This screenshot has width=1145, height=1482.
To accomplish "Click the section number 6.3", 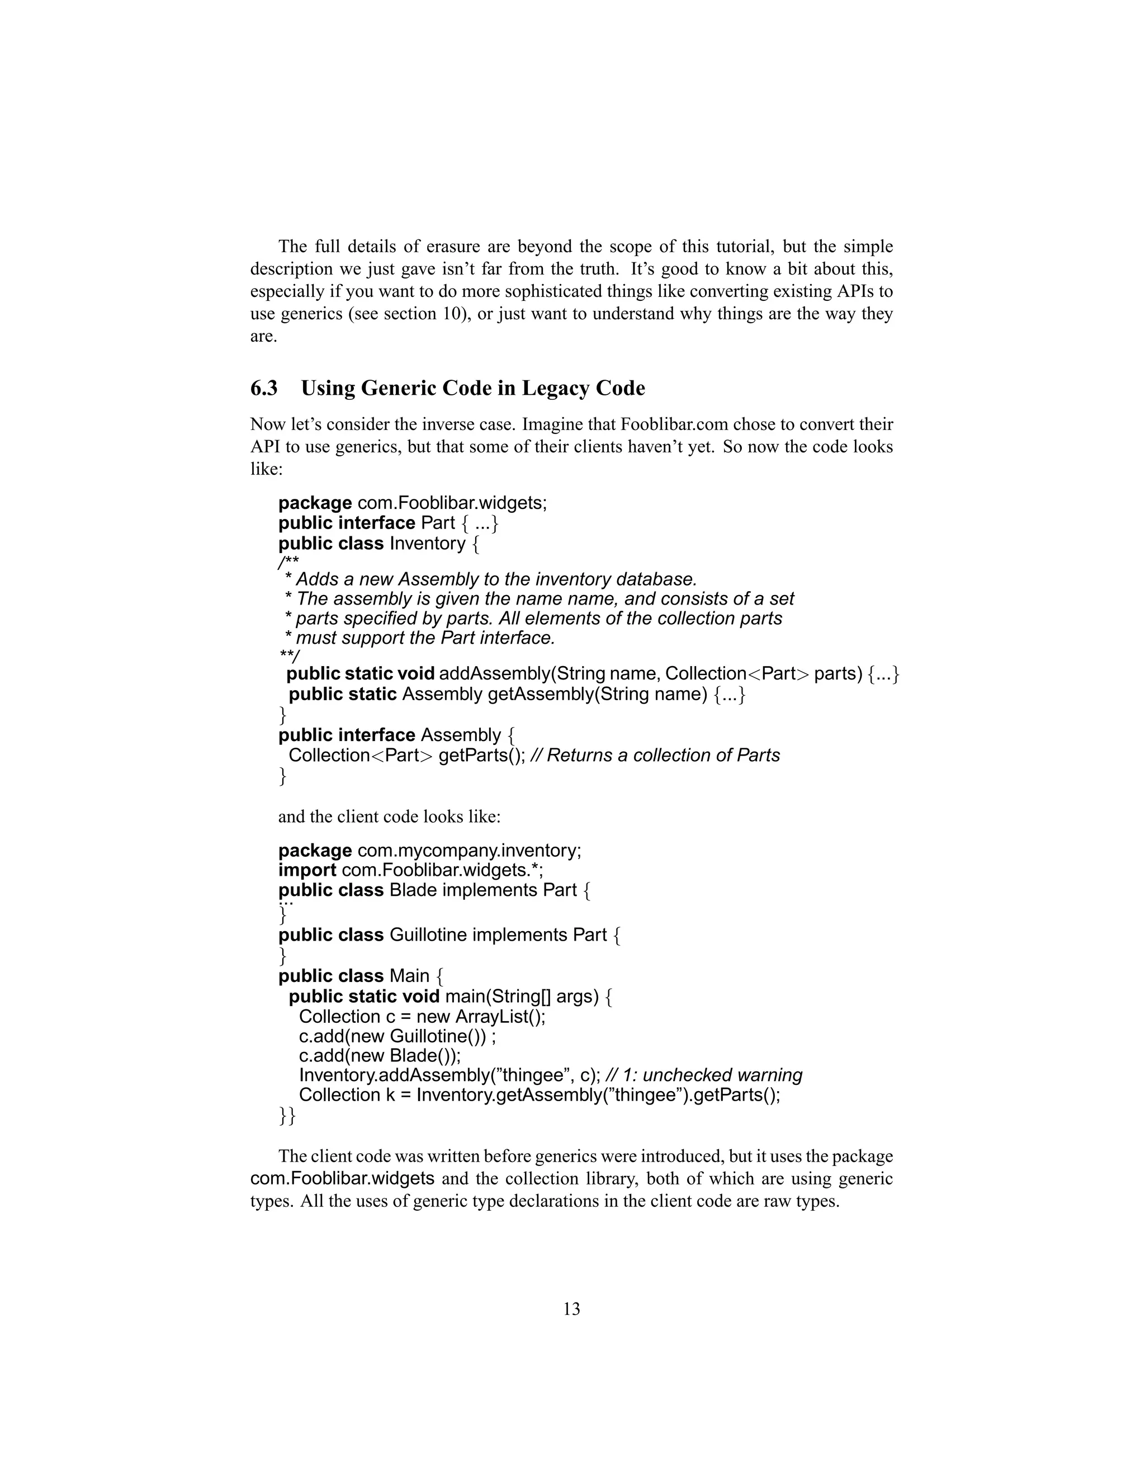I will click(264, 389).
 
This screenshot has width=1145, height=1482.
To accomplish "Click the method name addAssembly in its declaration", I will click(493, 674).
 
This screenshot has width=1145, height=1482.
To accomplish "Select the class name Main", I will click(410, 976).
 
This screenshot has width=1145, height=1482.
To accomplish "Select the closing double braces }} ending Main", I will click(287, 1117).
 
